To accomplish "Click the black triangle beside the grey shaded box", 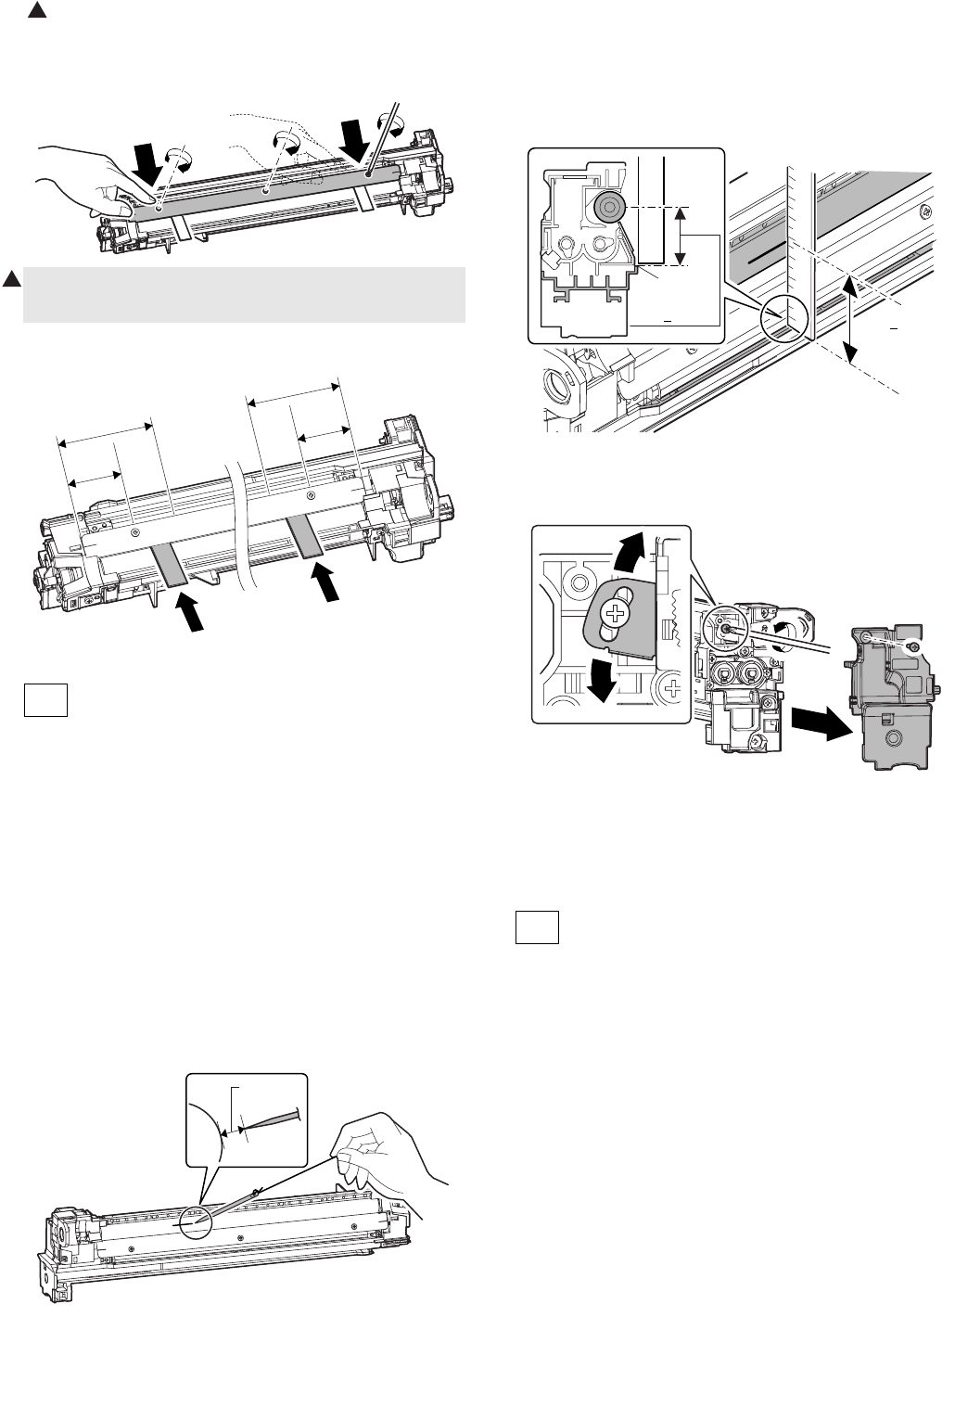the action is [9, 279].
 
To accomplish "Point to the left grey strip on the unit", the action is [170, 565].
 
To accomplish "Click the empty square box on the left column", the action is [45, 700].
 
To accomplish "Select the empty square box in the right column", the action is [537, 927].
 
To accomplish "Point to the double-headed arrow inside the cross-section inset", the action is [681, 236].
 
